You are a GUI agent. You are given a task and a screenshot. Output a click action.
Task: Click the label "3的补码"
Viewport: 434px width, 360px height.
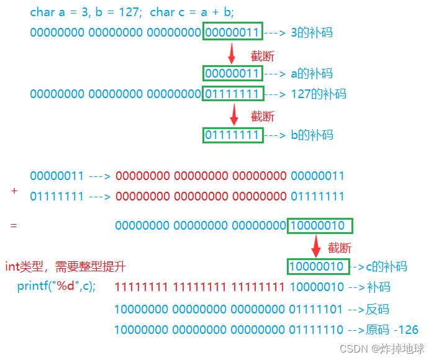312,32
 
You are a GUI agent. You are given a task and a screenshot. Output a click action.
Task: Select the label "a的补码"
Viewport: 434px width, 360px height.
312,74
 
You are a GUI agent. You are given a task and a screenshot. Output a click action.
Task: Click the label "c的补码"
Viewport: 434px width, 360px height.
386,267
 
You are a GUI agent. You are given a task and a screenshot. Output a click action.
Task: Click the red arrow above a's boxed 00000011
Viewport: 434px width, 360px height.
232,53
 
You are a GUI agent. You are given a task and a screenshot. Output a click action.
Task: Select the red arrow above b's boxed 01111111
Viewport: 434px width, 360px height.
234,114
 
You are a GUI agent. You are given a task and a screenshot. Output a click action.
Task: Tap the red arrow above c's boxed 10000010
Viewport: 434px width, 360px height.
316,245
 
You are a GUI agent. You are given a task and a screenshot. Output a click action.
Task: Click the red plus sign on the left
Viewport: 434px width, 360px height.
14,192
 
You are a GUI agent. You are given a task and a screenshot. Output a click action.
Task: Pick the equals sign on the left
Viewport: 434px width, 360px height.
14,225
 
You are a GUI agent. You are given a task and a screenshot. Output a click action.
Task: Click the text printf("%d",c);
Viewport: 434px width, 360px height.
57,287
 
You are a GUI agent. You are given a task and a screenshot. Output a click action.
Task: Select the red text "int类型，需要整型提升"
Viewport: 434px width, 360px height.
66,267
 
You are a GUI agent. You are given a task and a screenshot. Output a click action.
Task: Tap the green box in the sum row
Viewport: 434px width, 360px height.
320,226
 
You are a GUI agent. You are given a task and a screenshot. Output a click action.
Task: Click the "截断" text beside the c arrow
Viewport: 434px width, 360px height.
340,247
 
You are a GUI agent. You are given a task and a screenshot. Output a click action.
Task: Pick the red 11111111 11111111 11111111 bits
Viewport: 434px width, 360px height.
200,287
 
